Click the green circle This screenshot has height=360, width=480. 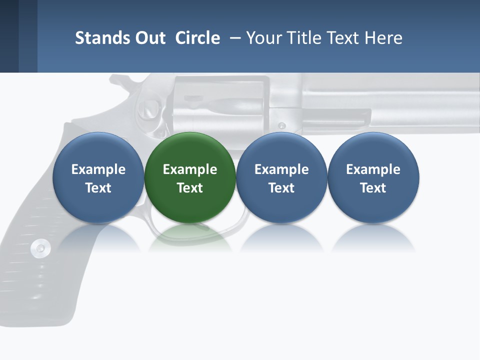click(x=190, y=177)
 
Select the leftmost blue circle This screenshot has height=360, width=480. click(x=98, y=177)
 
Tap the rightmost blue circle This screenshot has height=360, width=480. click(x=373, y=177)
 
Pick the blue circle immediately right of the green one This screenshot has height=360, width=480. click(x=281, y=177)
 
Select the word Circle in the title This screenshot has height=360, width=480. click(x=197, y=38)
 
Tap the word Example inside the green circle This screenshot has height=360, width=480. click(x=190, y=169)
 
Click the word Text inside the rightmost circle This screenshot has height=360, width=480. click(x=373, y=188)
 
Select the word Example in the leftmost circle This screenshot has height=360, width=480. click(x=98, y=169)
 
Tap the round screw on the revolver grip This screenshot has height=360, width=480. click(x=40, y=247)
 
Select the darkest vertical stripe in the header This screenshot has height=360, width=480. click(x=9, y=36)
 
